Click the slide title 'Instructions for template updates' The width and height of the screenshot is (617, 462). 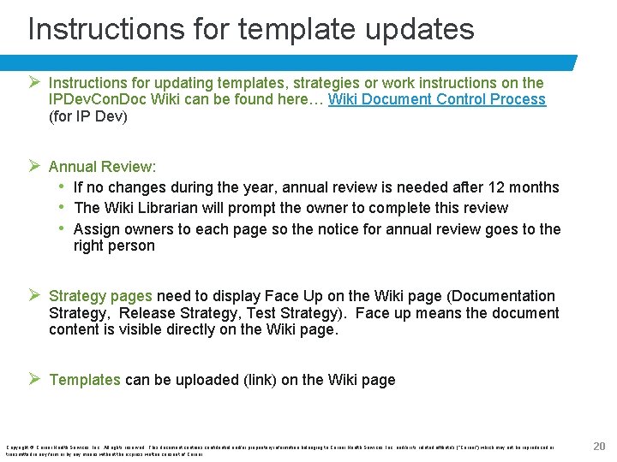coord(251,29)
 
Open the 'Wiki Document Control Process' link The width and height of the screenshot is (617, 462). coord(437,99)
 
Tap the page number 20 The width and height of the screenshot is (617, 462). coord(599,445)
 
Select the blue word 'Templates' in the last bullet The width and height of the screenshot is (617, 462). coord(85,380)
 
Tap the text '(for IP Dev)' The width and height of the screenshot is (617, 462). coord(87,116)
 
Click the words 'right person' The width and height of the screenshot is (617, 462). coord(114,246)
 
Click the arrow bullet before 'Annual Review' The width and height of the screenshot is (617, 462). coord(35,166)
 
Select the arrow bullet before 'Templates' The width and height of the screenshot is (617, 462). coord(35,379)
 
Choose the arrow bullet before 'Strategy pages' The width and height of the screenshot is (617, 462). coord(35,295)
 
